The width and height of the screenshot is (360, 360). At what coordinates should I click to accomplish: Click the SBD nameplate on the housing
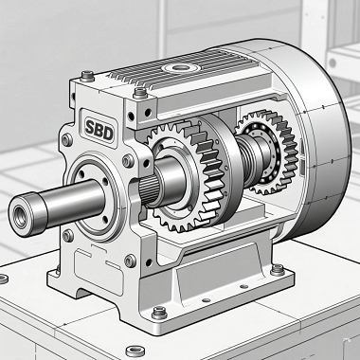98,128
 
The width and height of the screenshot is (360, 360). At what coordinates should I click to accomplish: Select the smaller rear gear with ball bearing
267,153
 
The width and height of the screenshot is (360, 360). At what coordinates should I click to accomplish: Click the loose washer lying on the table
135,351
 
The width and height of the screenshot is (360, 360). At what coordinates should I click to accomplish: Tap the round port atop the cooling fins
180,67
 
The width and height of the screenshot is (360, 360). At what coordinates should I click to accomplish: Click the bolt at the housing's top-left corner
87,76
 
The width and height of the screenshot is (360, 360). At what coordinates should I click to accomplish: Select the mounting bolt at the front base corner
159,313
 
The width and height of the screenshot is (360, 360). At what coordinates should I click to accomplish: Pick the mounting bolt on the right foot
278,270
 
